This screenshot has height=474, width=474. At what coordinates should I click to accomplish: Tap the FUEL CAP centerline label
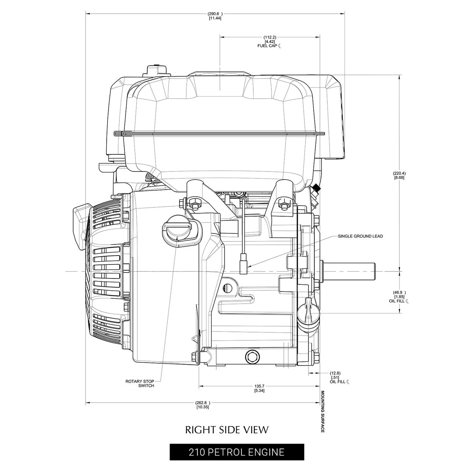coord(270,46)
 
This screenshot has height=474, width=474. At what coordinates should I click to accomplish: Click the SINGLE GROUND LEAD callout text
coord(360,236)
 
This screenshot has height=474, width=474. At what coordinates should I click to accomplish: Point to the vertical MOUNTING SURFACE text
coord(323,411)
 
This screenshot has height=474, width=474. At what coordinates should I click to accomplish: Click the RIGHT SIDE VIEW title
coord(227,430)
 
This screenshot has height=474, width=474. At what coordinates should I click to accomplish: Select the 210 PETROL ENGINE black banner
coord(237,452)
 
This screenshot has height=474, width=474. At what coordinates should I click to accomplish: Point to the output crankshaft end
coord(350,271)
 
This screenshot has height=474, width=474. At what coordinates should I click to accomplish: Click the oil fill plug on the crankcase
coord(307,313)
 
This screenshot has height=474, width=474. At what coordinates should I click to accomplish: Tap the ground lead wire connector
coord(244,264)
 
